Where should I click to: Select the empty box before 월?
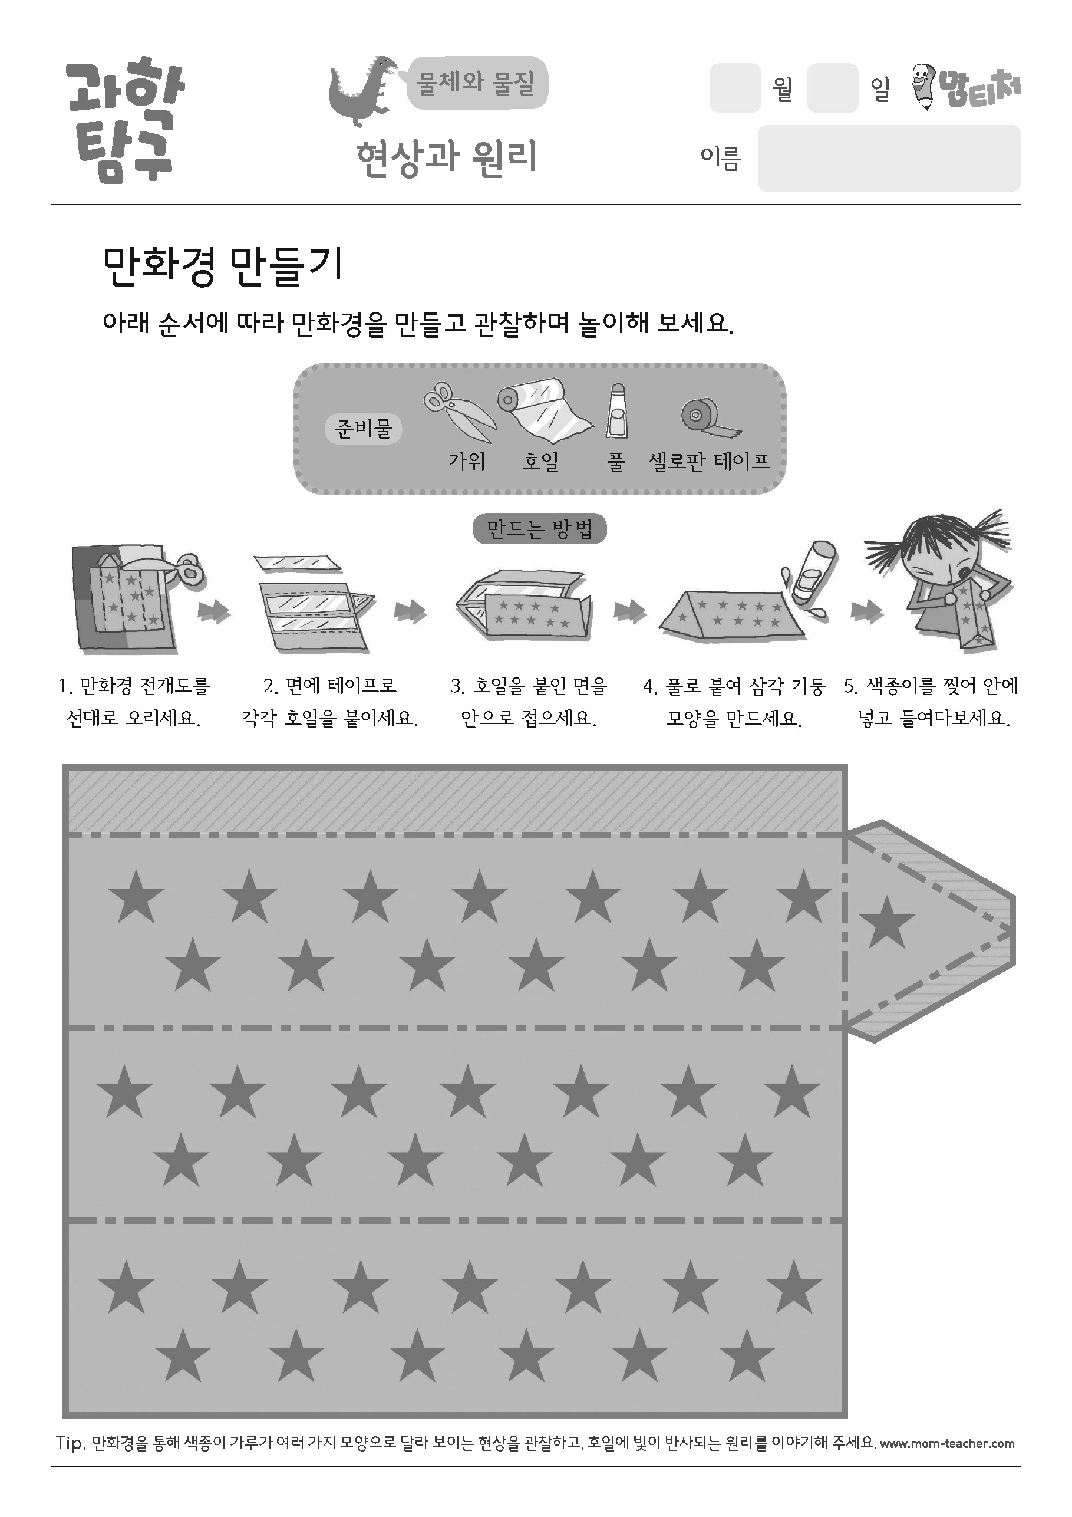coord(735,88)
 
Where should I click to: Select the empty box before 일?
coord(832,88)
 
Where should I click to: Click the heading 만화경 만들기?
coord(223,266)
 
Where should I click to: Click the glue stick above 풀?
coord(616,411)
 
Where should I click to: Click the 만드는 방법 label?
coord(540,529)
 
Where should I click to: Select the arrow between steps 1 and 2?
coord(214,612)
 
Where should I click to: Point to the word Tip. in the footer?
coord(71,1444)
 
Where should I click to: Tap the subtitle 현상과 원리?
coord(447,159)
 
